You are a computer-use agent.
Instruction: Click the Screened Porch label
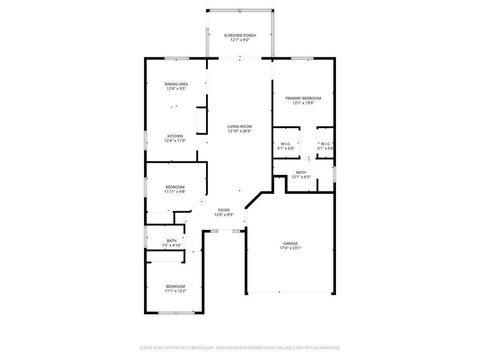[x=240, y=35]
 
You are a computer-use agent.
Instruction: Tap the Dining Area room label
[x=176, y=84]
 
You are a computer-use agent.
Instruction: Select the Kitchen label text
[x=175, y=136]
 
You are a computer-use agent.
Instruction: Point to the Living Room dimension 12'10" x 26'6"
[x=239, y=131]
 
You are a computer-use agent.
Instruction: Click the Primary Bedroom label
[x=303, y=98]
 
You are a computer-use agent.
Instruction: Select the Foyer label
[x=223, y=210]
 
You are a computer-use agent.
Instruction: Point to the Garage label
[x=290, y=243]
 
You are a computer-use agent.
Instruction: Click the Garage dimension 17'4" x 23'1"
[x=290, y=247]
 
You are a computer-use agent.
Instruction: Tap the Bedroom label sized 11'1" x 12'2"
[x=175, y=286]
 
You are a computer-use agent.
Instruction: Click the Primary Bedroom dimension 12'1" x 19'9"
[x=303, y=103]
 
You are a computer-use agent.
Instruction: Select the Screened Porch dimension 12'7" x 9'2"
[x=240, y=40]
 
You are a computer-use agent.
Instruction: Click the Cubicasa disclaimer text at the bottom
[x=240, y=347]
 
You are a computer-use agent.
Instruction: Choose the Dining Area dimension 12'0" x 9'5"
[x=176, y=88]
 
